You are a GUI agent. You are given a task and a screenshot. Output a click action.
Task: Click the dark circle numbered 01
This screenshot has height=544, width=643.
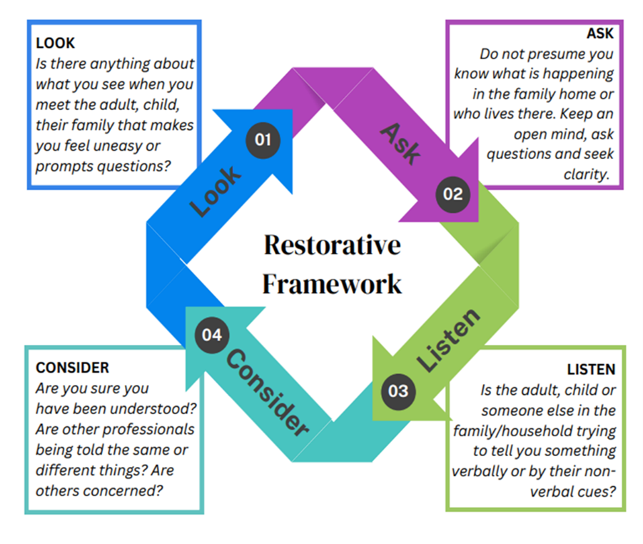(263, 138)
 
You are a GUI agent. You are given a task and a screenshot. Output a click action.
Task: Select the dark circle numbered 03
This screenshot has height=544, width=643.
(398, 390)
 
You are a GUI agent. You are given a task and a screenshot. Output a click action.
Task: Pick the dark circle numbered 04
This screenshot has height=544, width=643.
(212, 335)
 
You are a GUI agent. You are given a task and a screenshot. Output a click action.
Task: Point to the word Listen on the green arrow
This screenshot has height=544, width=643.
(448, 340)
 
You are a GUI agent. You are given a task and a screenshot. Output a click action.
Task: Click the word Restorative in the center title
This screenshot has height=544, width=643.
(332, 246)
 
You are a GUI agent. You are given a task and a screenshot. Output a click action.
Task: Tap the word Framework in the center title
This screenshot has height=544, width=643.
(332, 283)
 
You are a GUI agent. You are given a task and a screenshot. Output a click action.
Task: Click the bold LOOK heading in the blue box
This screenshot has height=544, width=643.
(55, 44)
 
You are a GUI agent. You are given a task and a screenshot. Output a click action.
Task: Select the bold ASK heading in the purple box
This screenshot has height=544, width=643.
(599, 34)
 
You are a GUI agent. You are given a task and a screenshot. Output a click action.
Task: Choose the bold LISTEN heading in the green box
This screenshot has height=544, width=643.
(591, 370)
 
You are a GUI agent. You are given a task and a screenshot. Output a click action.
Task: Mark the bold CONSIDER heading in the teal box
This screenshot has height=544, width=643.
(72, 368)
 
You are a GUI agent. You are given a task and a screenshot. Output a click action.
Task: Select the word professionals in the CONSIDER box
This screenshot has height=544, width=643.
(154, 430)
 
